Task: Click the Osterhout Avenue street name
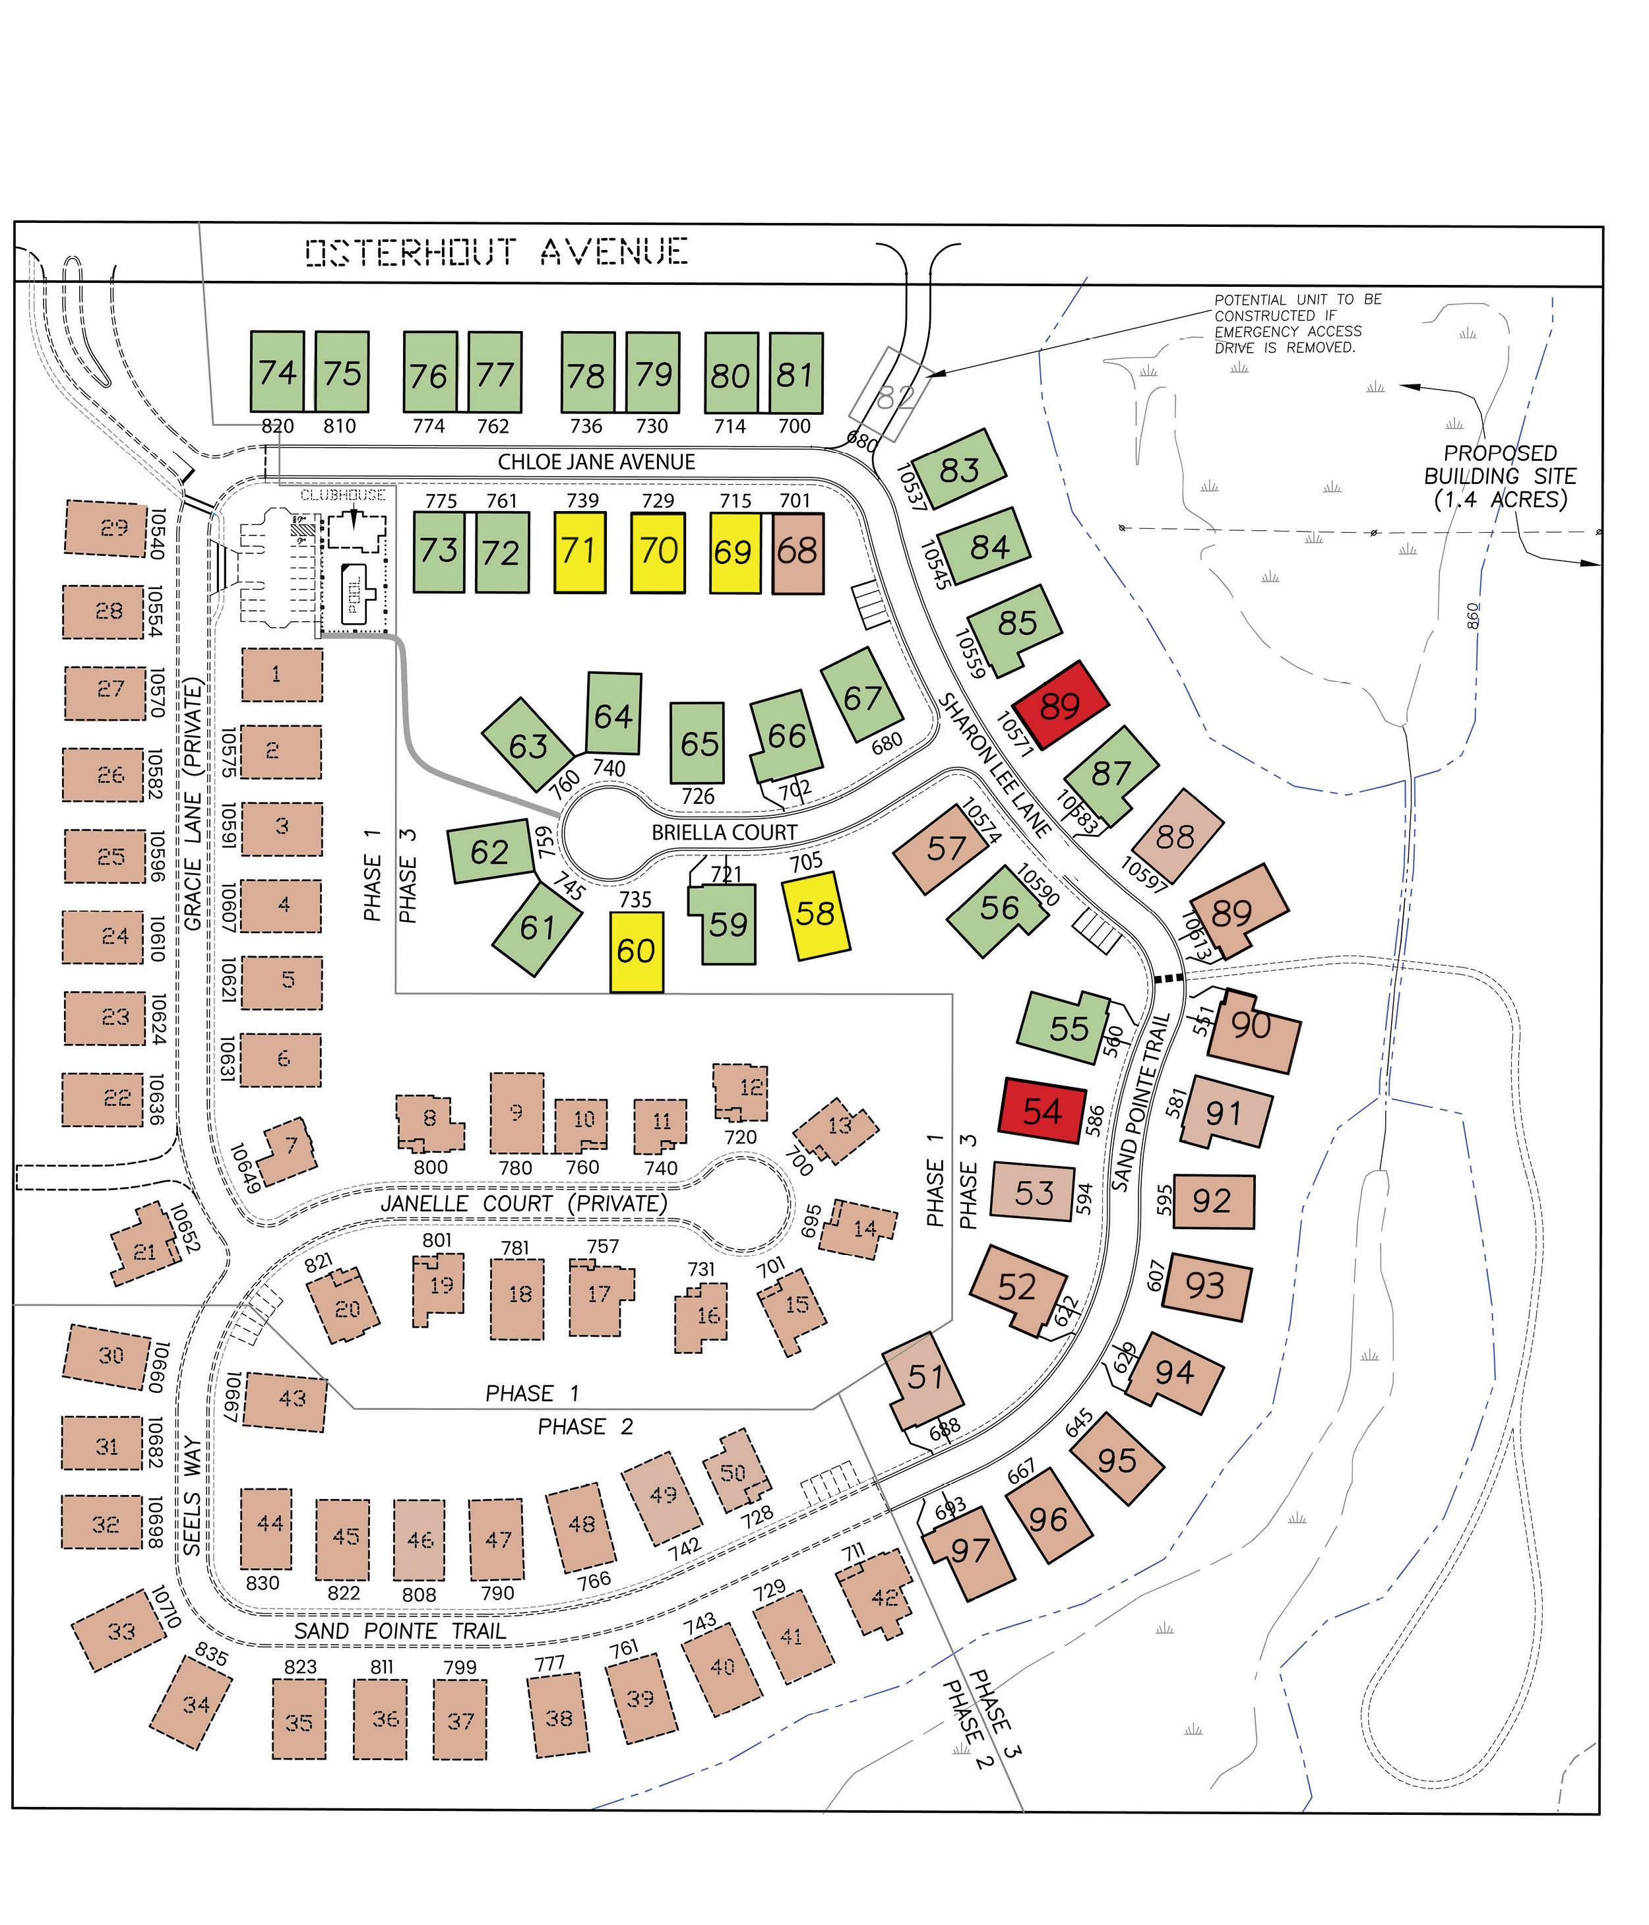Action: (x=497, y=252)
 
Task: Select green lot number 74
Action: (x=278, y=372)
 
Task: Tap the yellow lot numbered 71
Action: (x=580, y=552)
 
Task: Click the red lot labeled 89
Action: (x=1060, y=705)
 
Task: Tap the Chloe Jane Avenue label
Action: (x=596, y=462)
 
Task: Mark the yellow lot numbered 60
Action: (x=637, y=952)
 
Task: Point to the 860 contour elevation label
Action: (x=1474, y=616)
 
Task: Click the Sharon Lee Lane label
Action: (x=993, y=764)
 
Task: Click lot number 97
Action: (x=969, y=1550)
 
